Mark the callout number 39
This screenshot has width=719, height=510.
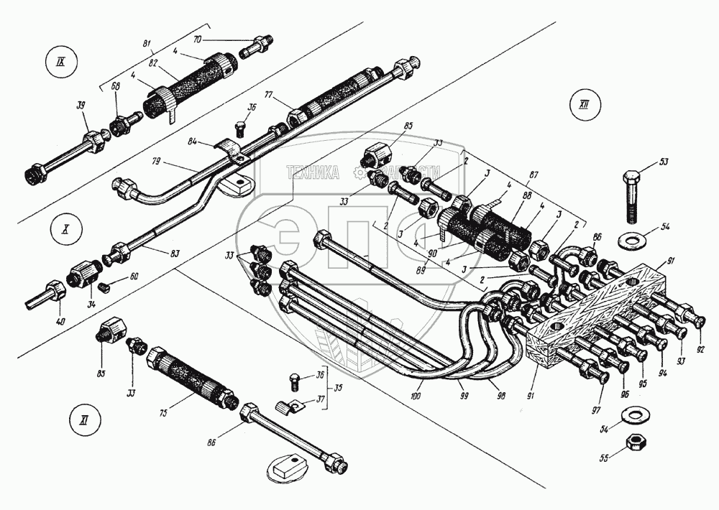click(81, 106)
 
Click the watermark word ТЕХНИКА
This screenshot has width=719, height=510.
click(314, 172)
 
